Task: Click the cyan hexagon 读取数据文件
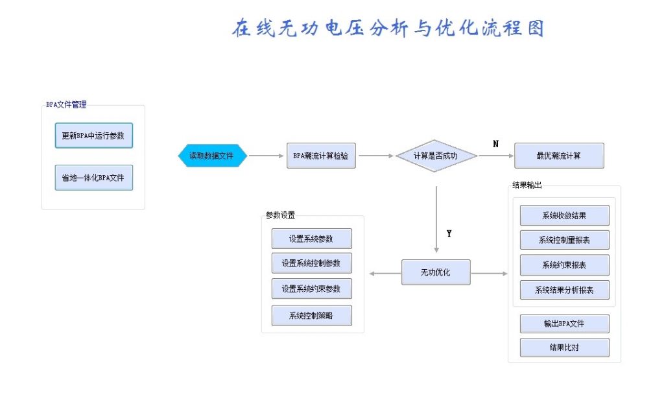(212, 156)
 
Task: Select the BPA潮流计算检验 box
(321, 156)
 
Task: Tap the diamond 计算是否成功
(436, 156)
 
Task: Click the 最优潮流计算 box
(559, 156)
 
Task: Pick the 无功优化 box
(436, 272)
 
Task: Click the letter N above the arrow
(496, 144)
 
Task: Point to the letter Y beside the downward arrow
(449, 233)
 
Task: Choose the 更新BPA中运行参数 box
(93, 136)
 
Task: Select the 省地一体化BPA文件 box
(93, 178)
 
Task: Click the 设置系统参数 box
(312, 239)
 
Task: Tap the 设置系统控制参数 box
(312, 263)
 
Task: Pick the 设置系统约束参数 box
(312, 289)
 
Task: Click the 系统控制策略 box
(312, 316)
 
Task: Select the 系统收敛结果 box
(565, 215)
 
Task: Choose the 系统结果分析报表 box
(565, 290)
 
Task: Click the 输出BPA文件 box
(565, 324)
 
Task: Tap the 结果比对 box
(565, 348)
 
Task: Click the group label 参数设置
(280, 215)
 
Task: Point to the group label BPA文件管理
(66, 104)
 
